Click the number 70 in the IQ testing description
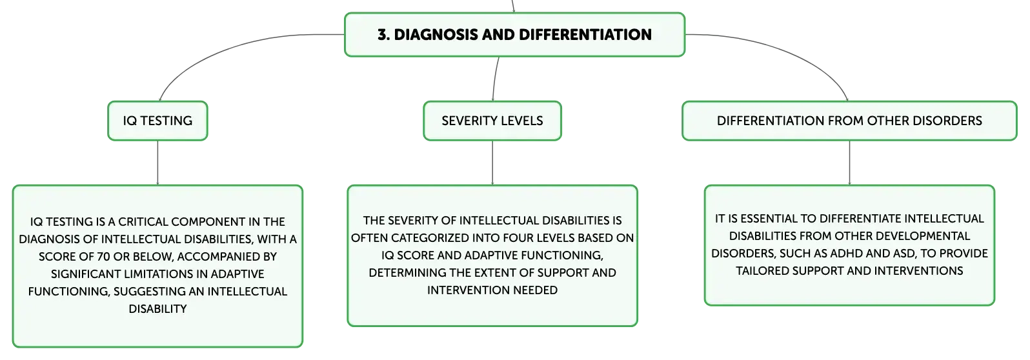pos(103,257)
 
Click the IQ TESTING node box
pos(157,121)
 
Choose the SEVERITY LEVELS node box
pos(492,121)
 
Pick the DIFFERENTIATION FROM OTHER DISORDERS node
pos(849,121)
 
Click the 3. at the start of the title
pos(384,34)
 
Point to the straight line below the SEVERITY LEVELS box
pos(492,163)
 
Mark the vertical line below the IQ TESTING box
pos(157,163)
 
